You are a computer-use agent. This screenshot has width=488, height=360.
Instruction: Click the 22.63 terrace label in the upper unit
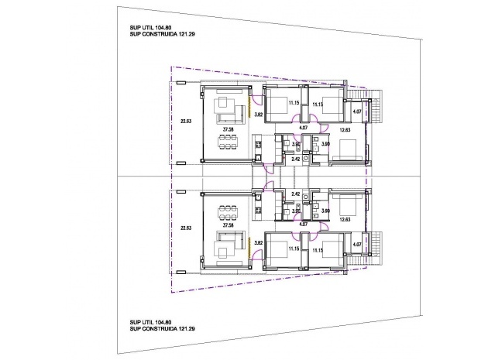184,120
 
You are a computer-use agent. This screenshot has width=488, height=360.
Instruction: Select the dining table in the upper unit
229,141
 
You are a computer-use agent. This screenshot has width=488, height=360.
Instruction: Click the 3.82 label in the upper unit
259,115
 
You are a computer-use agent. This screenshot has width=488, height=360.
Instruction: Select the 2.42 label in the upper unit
295,158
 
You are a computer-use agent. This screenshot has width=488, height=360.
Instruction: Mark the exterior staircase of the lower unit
375,244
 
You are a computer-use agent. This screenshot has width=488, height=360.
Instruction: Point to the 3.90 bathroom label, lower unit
325,211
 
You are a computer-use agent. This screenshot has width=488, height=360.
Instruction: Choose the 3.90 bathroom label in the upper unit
325,143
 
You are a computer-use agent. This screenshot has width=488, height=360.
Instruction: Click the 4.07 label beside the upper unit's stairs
356,112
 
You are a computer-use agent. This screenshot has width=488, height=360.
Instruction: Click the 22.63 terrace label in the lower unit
184,228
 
